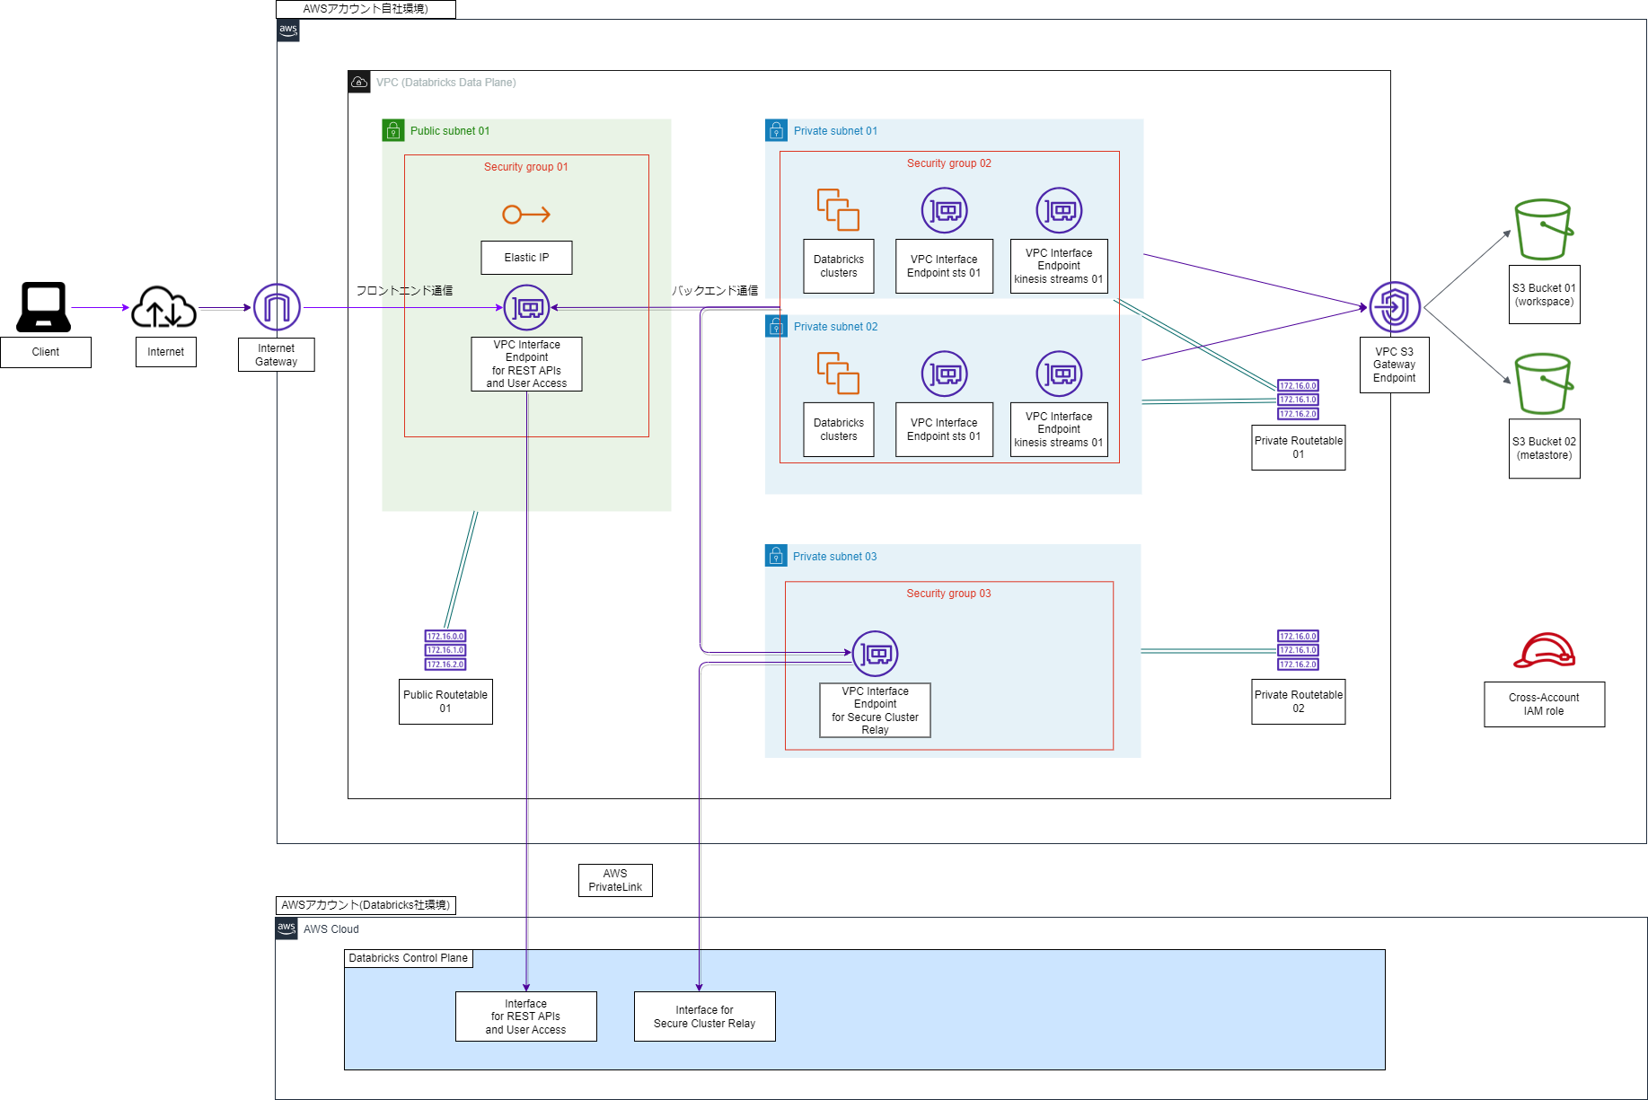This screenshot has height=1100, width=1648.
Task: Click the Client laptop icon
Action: (x=44, y=307)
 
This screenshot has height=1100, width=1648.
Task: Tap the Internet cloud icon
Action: (x=164, y=307)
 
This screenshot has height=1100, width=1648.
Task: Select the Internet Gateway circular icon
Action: (x=277, y=307)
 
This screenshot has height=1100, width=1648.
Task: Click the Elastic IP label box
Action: (x=526, y=258)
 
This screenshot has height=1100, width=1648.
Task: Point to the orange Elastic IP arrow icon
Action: (x=526, y=215)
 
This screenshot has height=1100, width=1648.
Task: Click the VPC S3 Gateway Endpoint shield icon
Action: (x=1394, y=307)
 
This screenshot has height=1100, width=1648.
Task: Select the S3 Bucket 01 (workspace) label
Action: (x=1544, y=295)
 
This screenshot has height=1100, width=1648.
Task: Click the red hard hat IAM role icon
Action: (x=1544, y=651)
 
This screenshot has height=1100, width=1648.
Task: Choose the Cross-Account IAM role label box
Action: (x=1544, y=704)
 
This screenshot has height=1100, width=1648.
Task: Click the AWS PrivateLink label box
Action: (x=615, y=880)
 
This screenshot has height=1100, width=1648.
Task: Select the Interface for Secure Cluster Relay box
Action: (x=704, y=1016)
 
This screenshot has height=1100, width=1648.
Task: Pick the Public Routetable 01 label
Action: (x=445, y=701)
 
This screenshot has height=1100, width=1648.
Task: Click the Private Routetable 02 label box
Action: (x=1298, y=701)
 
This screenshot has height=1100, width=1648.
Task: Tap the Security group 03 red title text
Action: (x=948, y=594)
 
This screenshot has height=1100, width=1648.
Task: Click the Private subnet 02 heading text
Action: (x=835, y=327)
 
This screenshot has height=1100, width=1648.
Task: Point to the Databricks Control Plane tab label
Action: (x=408, y=958)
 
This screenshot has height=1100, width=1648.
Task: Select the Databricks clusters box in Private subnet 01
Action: (x=838, y=266)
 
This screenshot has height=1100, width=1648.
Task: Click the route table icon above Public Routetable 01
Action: (x=445, y=650)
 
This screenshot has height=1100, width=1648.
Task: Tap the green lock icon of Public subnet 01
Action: (x=393, y=131)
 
